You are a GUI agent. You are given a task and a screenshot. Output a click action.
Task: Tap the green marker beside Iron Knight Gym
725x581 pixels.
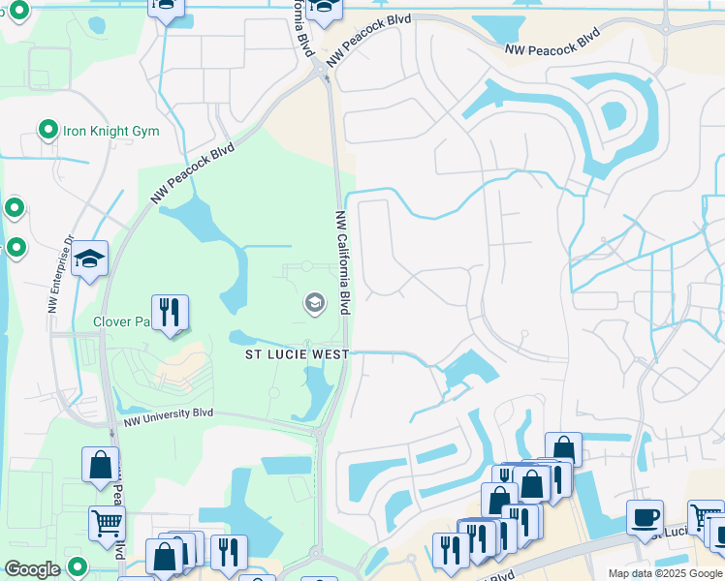coord(47,129)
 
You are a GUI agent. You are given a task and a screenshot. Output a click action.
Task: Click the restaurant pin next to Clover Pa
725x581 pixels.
coord(170,312)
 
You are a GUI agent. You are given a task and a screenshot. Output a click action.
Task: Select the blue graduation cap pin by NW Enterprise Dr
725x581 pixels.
coord(89,259)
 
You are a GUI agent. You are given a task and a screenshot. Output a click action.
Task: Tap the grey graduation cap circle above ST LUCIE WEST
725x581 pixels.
coord(314,304)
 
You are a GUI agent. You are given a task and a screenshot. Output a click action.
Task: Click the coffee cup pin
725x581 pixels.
coord(644,517)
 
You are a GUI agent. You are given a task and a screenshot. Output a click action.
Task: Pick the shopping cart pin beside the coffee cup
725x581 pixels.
coord(704,517)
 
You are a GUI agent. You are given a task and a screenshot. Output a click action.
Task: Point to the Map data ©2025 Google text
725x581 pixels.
coord(665,573)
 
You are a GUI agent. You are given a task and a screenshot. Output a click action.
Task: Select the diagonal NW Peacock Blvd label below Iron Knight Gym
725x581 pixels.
coord(193,174)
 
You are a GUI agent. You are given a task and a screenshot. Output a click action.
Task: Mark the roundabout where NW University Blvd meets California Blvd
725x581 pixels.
coord(319,433)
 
